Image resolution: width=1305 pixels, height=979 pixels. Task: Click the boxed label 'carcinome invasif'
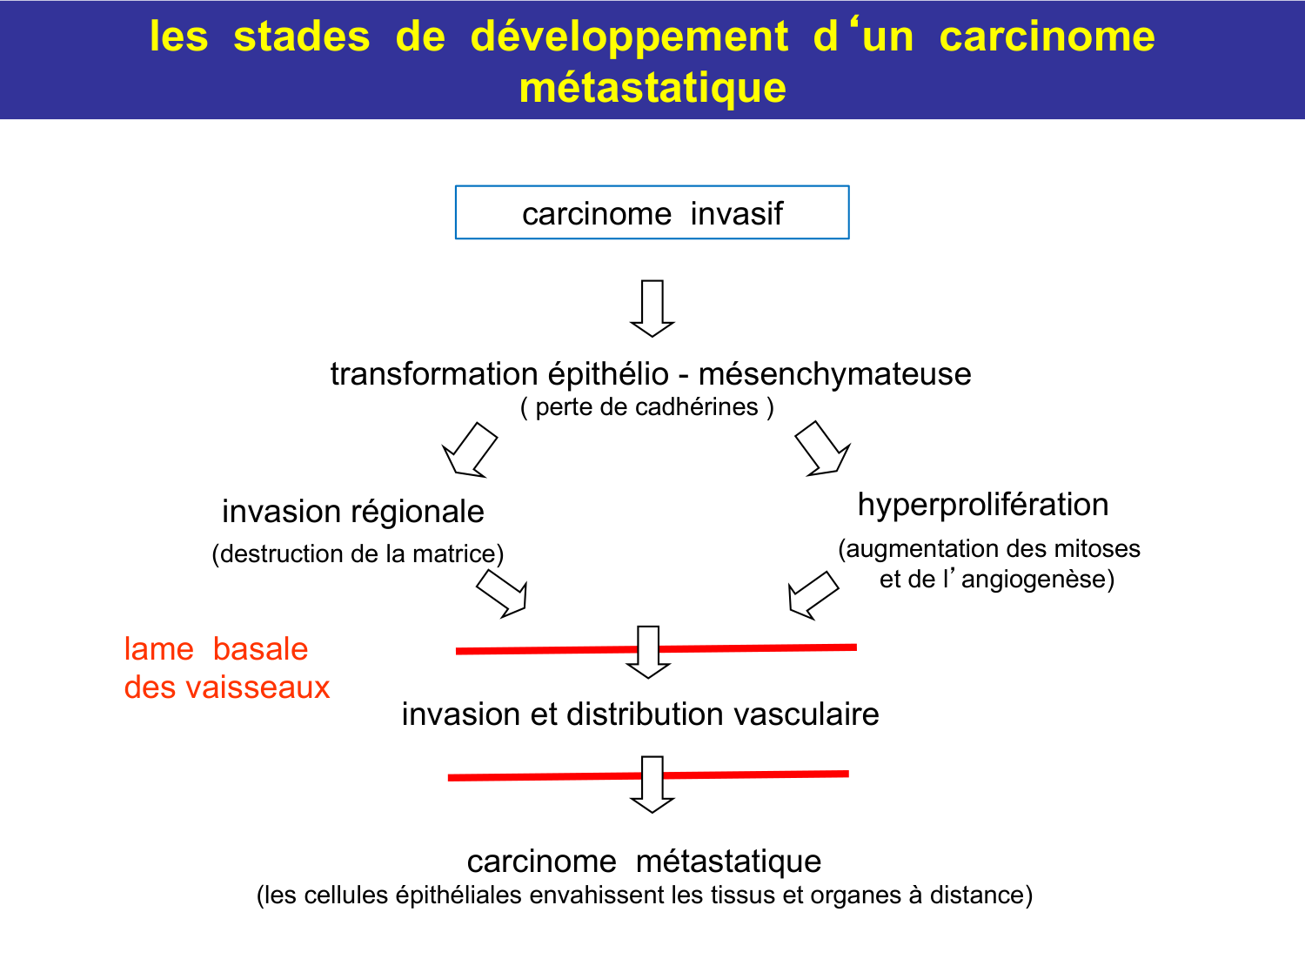(652, 213)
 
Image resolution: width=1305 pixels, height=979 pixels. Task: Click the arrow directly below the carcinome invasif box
(652, 309)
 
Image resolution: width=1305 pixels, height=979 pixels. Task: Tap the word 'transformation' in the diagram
(433, 374)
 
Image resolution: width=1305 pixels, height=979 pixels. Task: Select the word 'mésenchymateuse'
(834, 374)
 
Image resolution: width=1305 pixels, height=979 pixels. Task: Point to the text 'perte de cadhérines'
(647, 407)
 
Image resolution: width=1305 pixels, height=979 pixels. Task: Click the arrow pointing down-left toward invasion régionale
(469, 450)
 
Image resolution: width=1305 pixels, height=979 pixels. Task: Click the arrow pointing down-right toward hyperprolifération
(823, 449)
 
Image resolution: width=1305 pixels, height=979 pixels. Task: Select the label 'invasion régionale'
(353, 512)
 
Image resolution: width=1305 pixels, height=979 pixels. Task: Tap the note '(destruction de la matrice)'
(358, 554)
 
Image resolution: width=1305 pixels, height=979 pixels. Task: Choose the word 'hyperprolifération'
(983, 505)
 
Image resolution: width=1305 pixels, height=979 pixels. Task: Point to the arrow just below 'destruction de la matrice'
(502, 593)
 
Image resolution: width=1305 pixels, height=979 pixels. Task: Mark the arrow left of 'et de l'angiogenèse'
(813, 595)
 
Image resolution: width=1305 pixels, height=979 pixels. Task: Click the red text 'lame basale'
(216, 648)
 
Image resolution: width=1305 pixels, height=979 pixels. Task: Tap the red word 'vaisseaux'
(258, 687)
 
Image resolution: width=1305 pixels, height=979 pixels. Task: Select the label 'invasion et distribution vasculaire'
(640, 714)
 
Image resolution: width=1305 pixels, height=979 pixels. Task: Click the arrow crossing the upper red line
(648, 652)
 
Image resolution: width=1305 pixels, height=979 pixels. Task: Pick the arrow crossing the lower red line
(652, 784)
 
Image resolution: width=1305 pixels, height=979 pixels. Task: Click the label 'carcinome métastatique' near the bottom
(644, 862)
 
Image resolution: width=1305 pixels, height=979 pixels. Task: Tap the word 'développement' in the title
(630, 37)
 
